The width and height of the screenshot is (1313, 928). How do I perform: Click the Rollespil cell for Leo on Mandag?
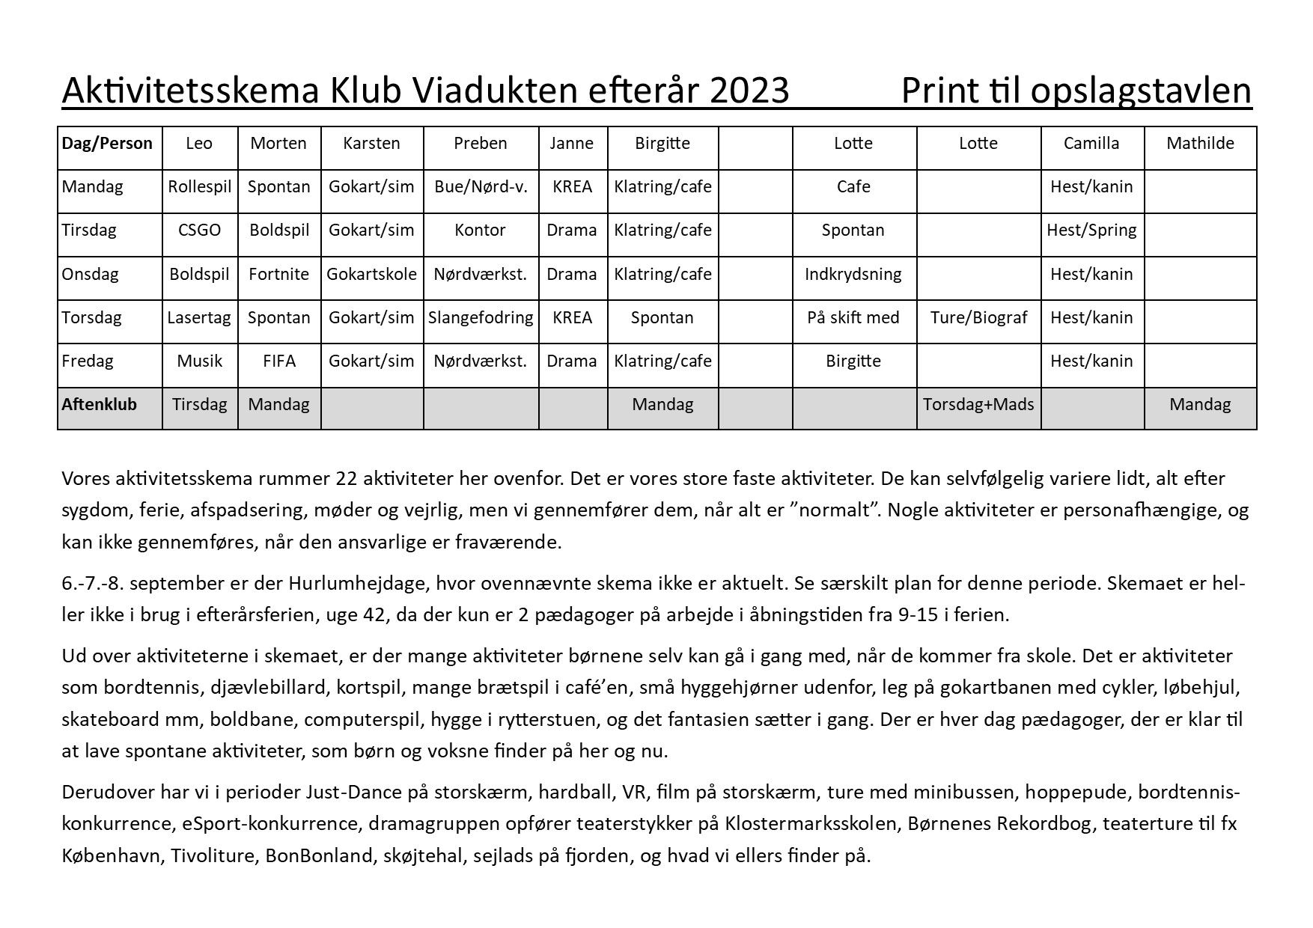pos(199,187)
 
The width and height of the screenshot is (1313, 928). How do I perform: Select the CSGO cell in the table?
pos(199,231)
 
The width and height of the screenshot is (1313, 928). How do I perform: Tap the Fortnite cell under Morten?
pos(278,274)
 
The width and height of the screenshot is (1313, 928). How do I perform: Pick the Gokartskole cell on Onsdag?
pos(371,274)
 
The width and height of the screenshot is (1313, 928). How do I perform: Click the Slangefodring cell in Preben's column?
pos(481,317)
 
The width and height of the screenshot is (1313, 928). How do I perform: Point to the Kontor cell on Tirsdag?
pos(480,231)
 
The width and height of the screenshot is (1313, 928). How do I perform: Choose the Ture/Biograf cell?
pos(978,317)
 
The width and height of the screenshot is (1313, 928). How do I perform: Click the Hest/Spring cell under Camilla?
pos(1091,231)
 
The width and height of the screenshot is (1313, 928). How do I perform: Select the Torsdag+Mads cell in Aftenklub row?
pos(978,405)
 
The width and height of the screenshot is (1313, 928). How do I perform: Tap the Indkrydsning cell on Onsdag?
pos(853,274)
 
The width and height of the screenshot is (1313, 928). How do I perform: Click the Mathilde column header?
pos(1200,144)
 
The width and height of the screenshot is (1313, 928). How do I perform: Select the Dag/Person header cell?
pos(107,144)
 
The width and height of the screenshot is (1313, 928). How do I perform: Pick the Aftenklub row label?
pos(100,405)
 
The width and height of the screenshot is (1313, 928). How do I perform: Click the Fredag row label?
pos(88,361)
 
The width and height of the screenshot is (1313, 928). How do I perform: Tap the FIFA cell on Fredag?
pos(278,361)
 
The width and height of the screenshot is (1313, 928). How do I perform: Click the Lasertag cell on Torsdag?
pos(199,317)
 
